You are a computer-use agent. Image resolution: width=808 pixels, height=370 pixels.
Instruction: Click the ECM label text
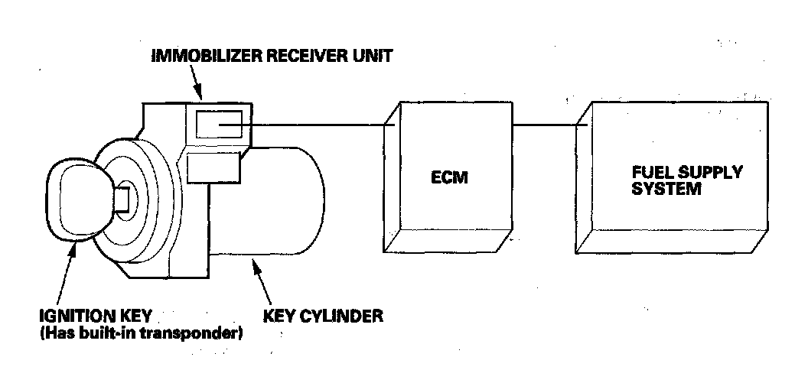(x=448, y=178)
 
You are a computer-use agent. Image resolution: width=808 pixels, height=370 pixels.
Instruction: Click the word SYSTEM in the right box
(x=666, y=188)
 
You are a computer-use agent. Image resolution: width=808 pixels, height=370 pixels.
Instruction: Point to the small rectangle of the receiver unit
(x=219, y=123)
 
